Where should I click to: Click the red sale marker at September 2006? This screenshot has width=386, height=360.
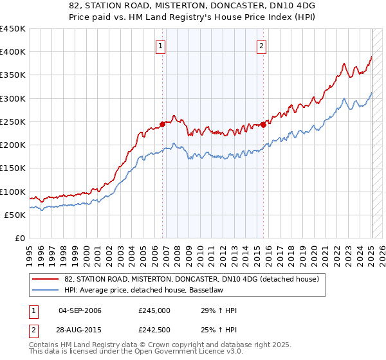click(x=162, y=125)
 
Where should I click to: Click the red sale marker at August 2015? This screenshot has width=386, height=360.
click(x=264, y=125)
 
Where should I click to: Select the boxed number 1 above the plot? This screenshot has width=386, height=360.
click(x=160, y=46)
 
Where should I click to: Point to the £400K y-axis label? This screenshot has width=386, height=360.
click(x=13, y=52)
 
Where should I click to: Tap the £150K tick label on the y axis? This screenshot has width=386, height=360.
click(x=13, y=168)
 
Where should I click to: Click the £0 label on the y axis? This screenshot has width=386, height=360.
click(x=19, y=239)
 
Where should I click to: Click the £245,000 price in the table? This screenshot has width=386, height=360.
click(x=154, y=310)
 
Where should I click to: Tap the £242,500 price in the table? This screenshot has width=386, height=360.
click(x=154, y=330)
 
